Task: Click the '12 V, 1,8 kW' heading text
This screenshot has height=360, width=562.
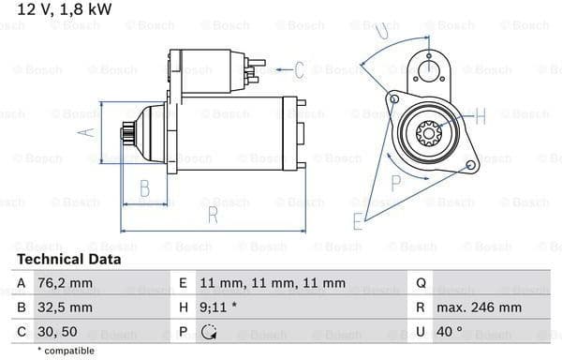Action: (x=65, y=9)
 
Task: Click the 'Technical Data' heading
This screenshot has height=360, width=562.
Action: (x=68, y=260)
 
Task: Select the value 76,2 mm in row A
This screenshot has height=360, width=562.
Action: (x=65, y=283)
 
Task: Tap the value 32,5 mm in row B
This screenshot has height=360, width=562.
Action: (x=65, y=307)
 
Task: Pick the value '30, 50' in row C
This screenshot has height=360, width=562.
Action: (x=57, y=332)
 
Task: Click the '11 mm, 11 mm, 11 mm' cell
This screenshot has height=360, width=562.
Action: (x=273, y=283)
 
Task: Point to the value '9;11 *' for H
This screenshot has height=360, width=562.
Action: (x=218, y=307)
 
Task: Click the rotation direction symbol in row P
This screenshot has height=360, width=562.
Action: (x=209, y=332)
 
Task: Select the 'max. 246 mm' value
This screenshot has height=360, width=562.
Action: (x=479, y=307)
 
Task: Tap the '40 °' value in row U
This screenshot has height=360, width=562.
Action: (x=449, y=332)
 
